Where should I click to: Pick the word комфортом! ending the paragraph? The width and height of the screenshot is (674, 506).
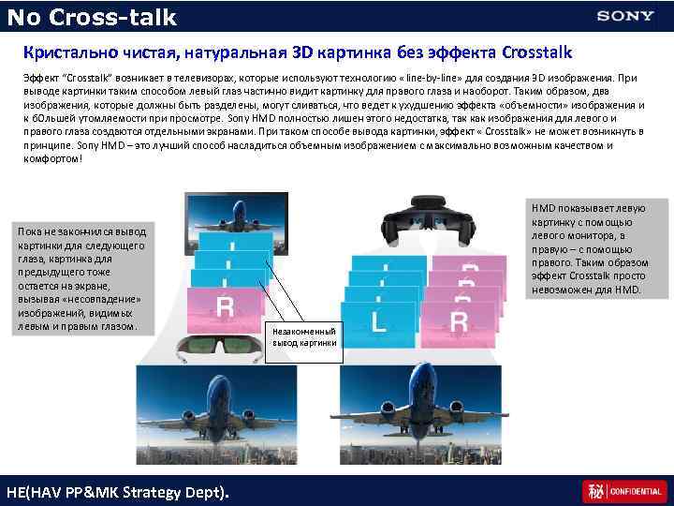[x=53, y=158]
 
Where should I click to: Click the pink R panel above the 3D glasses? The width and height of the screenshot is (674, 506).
[x=225, y=308]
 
